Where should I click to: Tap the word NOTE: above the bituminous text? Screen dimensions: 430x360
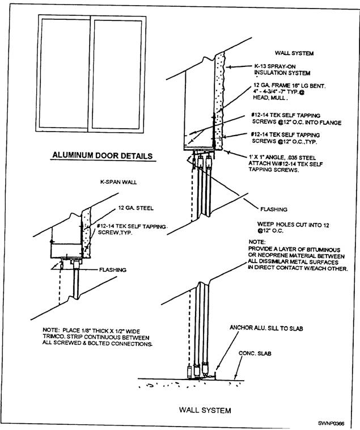[257, 242]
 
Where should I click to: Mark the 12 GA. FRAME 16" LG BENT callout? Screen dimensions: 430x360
[287, 87]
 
